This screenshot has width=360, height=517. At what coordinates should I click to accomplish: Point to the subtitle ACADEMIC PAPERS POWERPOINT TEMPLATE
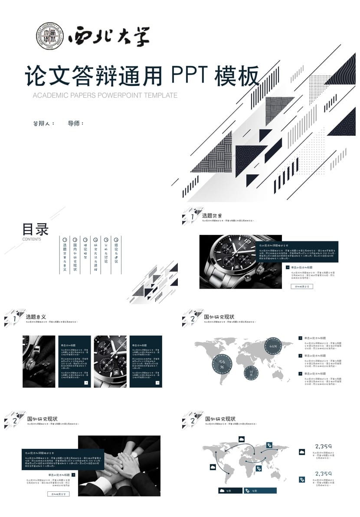[105, 95]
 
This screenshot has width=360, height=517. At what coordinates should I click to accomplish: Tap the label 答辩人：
[44, 123]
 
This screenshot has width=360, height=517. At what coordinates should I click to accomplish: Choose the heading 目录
[35, 229]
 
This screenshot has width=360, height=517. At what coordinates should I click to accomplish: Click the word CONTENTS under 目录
[32, 239]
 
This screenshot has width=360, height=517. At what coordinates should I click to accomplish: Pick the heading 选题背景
[212, 216]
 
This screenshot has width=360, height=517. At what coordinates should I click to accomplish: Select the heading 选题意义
[36, 317]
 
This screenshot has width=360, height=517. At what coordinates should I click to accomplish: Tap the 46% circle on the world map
[273, 346]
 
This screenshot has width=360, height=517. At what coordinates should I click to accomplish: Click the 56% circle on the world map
[222, 364]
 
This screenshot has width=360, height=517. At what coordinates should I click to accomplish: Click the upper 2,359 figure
[324, 446]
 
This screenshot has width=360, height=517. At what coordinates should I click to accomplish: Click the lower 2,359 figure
[324, 473]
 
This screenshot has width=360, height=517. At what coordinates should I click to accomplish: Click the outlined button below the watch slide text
[301, 286]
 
